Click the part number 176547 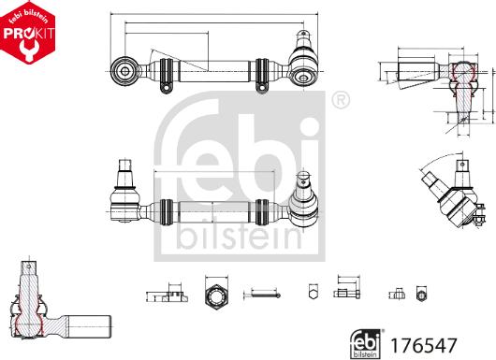pos(424,345)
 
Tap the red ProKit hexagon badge pos(27,32)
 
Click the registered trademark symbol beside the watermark pos(340,100)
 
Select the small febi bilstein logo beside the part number pos(366,344)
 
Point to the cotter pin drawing pos(262,295)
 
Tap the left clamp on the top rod pos(167,76)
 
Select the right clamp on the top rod pos(262,76)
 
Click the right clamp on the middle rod pos(262,212)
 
